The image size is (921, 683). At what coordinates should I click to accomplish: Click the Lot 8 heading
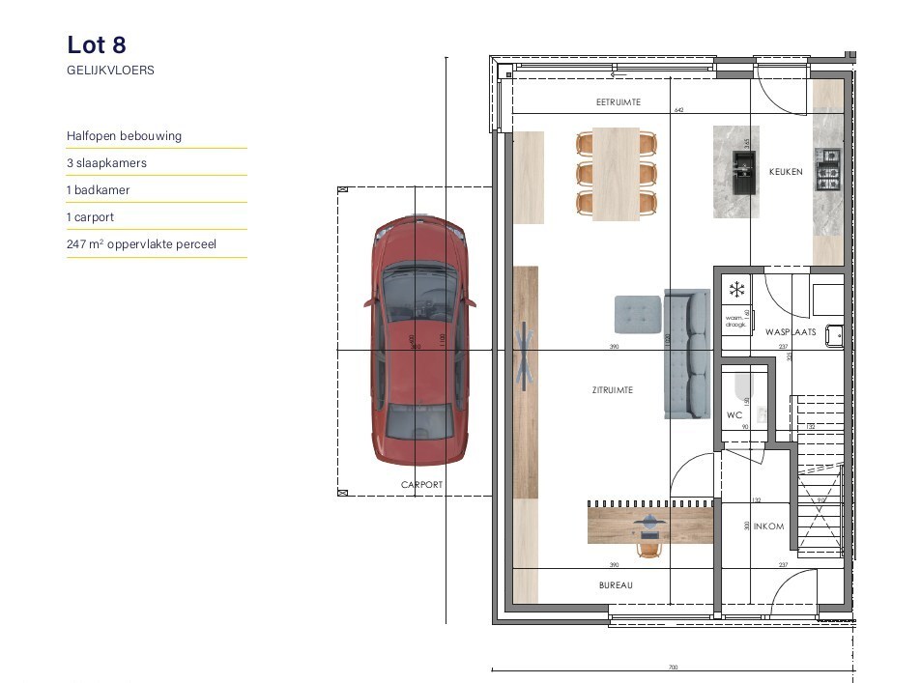tap(97, 44)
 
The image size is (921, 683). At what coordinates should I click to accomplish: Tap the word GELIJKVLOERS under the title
tap(110, 71)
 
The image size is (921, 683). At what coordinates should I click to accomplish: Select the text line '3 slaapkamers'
tap(106, 163)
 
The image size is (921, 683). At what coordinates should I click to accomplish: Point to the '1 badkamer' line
tap(98, 190)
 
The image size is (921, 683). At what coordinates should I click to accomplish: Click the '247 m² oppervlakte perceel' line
tap(141, 244)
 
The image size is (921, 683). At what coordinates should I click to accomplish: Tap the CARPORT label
tap(421, 485)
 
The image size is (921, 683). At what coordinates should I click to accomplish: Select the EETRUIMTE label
tap(618, 102)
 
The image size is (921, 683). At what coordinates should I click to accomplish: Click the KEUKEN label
tap(785, 172)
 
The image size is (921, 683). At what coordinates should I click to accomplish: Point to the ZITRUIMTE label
tap(613, 390)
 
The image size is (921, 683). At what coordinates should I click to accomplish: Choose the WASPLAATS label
tap(791, 331)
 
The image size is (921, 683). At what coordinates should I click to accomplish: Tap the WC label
tap(734, 414)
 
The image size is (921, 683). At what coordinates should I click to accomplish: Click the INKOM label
tap(768, 526)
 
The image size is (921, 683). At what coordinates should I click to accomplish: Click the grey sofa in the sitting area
tap(687, 353)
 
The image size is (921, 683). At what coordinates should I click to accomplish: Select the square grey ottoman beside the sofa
tap(637, 314)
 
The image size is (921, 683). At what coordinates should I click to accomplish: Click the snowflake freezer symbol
tap(736, 289)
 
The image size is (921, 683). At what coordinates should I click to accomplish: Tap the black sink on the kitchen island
tap(744, 172)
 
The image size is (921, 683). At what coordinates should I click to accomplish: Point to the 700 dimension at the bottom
tap(673, 668)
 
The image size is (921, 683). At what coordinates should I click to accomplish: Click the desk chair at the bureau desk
tap(648, 548)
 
